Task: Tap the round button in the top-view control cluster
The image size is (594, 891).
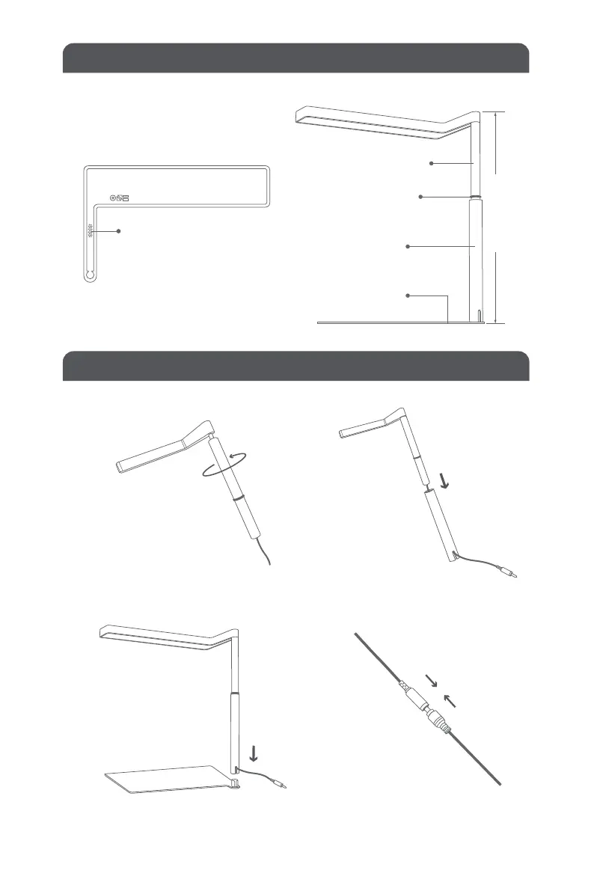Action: pos(114,199)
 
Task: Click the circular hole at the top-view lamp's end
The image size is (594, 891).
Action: pos(90,275)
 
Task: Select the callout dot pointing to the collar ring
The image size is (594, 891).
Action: pos(421,197)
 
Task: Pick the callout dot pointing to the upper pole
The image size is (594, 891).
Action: pos(432,162)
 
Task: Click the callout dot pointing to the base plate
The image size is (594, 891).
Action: pos(408,296)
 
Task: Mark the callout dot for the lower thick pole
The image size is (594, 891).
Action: pos(408,246)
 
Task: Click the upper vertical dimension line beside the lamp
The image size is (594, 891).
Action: pos(495,142)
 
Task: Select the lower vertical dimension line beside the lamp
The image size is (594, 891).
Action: pos(495,286)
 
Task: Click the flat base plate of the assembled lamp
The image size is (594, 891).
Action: pos(165,783)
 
